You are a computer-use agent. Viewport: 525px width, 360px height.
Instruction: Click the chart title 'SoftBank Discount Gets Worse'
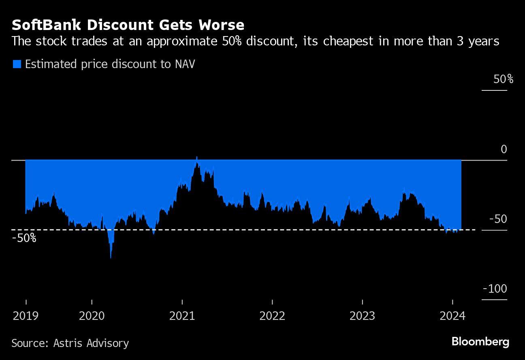point(128,25)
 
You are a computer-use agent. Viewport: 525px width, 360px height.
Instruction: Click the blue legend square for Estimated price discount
point(17,64)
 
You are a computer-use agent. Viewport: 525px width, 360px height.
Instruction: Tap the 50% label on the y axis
point(503,79)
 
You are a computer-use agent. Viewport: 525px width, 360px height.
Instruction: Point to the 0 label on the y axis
point(504,149)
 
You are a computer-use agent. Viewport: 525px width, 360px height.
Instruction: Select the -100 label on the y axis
point(495,289)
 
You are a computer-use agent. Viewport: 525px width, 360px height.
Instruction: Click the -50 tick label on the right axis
point(498,219)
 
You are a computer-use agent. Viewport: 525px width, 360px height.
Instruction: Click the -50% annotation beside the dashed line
point(24,238)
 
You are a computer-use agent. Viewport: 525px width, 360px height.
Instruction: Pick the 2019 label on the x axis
point(26,316)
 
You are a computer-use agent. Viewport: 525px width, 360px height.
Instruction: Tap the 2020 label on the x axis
point(92,316)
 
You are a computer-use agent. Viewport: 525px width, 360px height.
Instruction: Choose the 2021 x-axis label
point(182,316)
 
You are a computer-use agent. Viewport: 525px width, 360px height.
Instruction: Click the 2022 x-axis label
point(273,316)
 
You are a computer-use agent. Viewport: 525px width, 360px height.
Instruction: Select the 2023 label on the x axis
point(363,316)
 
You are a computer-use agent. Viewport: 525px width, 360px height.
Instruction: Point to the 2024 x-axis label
point(452,316)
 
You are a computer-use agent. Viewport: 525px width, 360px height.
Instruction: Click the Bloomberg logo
point(480,341)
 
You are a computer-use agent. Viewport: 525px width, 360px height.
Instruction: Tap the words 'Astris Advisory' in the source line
point(91,343)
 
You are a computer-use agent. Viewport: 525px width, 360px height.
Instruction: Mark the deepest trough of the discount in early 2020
point(111,257)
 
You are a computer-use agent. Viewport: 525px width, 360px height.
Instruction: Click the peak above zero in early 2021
point(196,157)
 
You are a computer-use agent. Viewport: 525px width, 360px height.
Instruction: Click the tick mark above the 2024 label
point(452,302)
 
